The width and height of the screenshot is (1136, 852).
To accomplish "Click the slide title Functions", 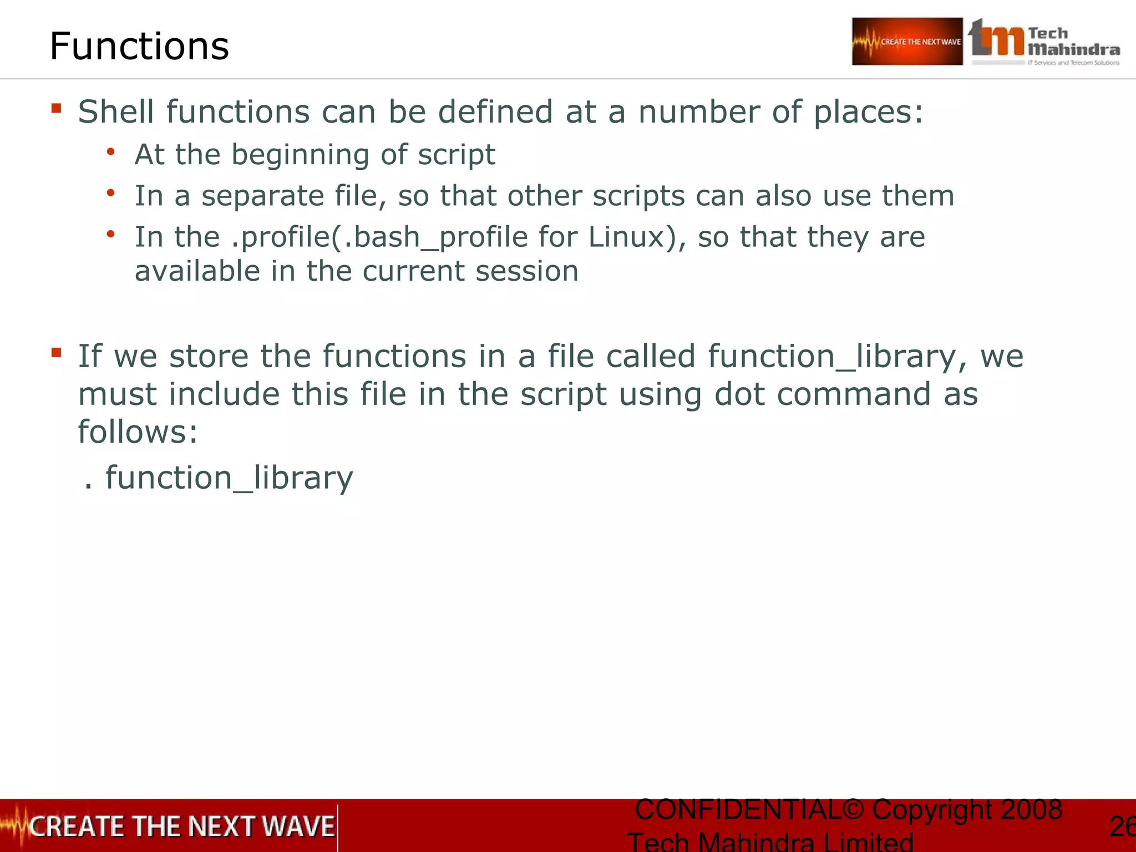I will tap(139, 46).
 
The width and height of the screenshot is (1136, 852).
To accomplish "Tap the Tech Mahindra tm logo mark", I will tap(996, 39).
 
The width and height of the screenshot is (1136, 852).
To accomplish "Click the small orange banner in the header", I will tap(907, 42).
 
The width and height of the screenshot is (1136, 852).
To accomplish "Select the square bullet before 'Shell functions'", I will tap(56, 108).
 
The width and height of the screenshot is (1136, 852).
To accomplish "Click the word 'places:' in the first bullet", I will tap(868, 112).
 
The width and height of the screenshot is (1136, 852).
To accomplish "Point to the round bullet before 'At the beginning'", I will tap(111, 151).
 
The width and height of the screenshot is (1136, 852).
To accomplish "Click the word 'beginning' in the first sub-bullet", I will tap(300, 155).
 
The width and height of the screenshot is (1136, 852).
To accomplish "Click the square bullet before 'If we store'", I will tap(56, 352).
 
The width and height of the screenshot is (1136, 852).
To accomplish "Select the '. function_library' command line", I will tap(219, 478).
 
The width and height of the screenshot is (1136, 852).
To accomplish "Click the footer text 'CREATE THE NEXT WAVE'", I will tap(181, 826).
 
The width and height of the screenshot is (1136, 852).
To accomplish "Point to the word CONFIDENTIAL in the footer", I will tap(738, 809).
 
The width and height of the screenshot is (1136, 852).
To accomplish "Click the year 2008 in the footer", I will tap(1031, 809).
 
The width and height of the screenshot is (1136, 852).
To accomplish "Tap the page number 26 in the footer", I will tap(1122, 826).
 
